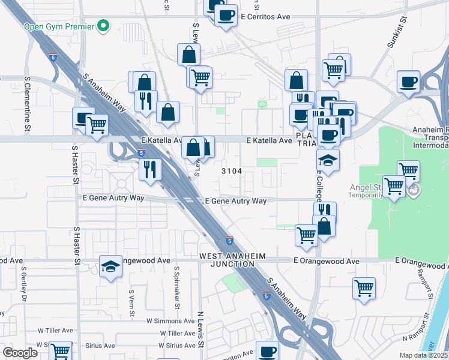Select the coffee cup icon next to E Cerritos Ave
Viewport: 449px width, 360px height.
coord(226,16)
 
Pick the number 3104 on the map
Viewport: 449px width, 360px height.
coord(232,171)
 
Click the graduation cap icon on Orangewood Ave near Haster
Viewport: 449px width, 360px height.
coord(110,266)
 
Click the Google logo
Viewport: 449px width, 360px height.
coord(20,353)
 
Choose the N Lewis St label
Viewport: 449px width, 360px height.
coord(201,330)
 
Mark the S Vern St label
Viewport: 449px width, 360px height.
coord(131,295)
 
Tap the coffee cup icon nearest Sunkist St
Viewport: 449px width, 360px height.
coord(408,82)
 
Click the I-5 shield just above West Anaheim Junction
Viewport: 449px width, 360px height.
coord(229,240)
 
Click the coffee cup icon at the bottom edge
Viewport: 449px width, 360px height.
coord(267,351)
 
